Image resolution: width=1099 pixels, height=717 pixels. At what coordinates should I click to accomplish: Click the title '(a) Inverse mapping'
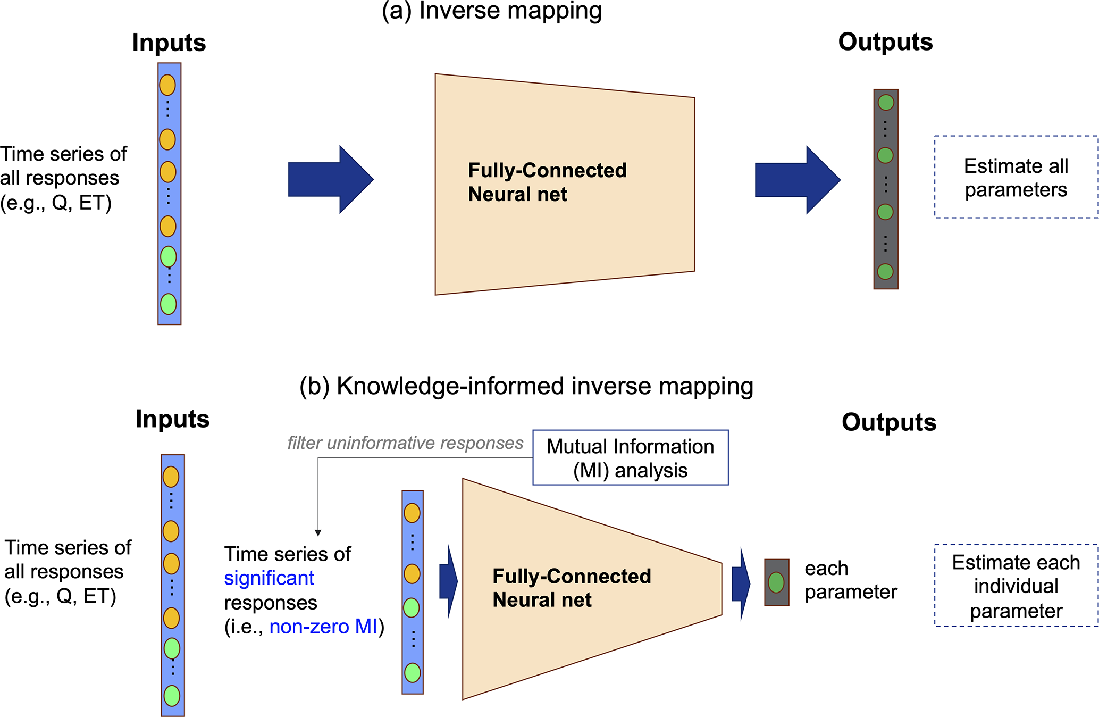click(x=492, y=11)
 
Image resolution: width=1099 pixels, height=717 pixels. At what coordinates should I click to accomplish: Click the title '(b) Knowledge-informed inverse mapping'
click(x=526, y=386)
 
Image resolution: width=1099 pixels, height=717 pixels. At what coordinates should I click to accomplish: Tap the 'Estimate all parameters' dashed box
click(x=1016, y=177)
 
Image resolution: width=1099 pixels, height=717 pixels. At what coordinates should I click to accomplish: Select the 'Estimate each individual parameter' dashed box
click(x=1016, y=586)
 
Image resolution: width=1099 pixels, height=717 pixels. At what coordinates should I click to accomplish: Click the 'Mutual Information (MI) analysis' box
click(x=631, y=458)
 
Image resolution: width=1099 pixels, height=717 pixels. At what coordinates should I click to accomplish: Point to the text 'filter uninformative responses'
click(x=405, y=443)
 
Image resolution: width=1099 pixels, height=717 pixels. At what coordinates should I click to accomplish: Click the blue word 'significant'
click(x=269, y=578)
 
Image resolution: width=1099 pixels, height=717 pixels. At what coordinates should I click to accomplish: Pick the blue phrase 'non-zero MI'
click(x=323, y=627)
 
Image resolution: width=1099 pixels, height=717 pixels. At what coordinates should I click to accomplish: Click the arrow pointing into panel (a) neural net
click(x=330, y=179)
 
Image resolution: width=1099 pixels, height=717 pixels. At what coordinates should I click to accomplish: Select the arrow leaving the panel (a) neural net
click(x=797, y=180)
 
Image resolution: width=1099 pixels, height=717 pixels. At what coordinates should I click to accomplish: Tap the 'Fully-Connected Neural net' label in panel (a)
click(x=547, y=182)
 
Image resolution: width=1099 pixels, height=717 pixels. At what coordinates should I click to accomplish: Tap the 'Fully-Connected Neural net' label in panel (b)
click(x=572, y=588)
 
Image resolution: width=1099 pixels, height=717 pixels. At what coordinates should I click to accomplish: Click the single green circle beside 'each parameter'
click(x=776, y=582)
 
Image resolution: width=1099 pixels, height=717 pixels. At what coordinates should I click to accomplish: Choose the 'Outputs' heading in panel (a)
click(x=885, y=42)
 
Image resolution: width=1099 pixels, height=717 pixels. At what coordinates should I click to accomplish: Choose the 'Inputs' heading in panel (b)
click(x=172, y=419)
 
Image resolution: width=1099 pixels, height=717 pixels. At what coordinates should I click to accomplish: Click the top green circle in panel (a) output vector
click(x=886, y=103)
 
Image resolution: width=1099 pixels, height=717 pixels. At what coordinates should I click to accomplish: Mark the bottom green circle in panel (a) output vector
click(x=885, y=272)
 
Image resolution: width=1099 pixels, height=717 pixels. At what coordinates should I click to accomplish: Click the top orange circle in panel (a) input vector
click(x=167, y=85)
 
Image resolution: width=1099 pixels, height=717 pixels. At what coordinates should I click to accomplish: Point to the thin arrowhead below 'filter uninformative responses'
click(x=318, y=533)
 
